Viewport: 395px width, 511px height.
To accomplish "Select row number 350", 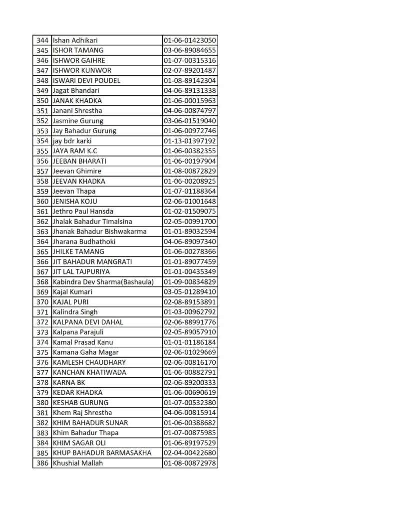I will tap(42, 100).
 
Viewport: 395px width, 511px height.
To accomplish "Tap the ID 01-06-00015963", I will tap(190, 100).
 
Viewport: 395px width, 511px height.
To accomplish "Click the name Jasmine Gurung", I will tap(78, 121).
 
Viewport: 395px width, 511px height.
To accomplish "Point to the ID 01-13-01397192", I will tap(190, 141).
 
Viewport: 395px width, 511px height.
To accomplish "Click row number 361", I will tap(42, 211).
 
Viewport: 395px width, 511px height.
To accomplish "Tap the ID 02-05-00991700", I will tap(190, 221).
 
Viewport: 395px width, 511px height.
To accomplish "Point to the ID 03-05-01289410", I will tap(190, 292).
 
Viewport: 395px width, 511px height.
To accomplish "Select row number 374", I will tap(42, 342).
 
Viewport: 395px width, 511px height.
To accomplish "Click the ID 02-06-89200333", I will tap(190, 382).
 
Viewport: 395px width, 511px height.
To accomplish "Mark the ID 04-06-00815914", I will tap(190, 413).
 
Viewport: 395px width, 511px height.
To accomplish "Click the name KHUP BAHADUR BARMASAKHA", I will tap(102, 453).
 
